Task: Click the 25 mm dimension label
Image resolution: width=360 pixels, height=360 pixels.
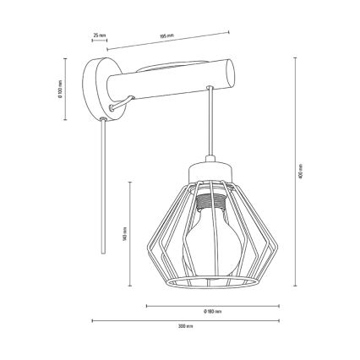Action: click(x=99, y=35)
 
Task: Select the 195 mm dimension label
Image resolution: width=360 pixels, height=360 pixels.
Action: click(x=166, y=36)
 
